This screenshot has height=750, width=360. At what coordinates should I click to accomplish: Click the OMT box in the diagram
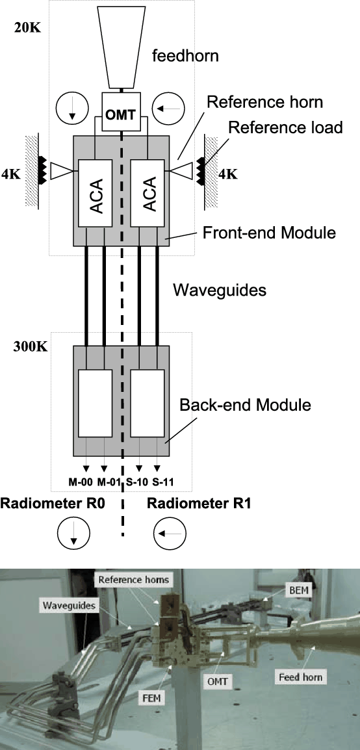point(123,113)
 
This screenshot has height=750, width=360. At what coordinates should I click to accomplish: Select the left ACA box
point(95,193)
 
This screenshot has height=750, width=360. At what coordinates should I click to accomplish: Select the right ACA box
point(148,193)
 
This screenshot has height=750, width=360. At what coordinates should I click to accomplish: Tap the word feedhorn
point(185,56)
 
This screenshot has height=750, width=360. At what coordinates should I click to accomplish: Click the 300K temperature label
point(31,346)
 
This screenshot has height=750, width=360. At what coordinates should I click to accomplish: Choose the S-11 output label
point(162,482)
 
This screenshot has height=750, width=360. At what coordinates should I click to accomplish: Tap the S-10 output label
point(139,482)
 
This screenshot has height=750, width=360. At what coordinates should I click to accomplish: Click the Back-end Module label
point(245,405)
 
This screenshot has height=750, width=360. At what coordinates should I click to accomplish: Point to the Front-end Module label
point(269,233)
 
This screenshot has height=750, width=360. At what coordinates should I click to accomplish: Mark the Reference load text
point(285,127)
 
